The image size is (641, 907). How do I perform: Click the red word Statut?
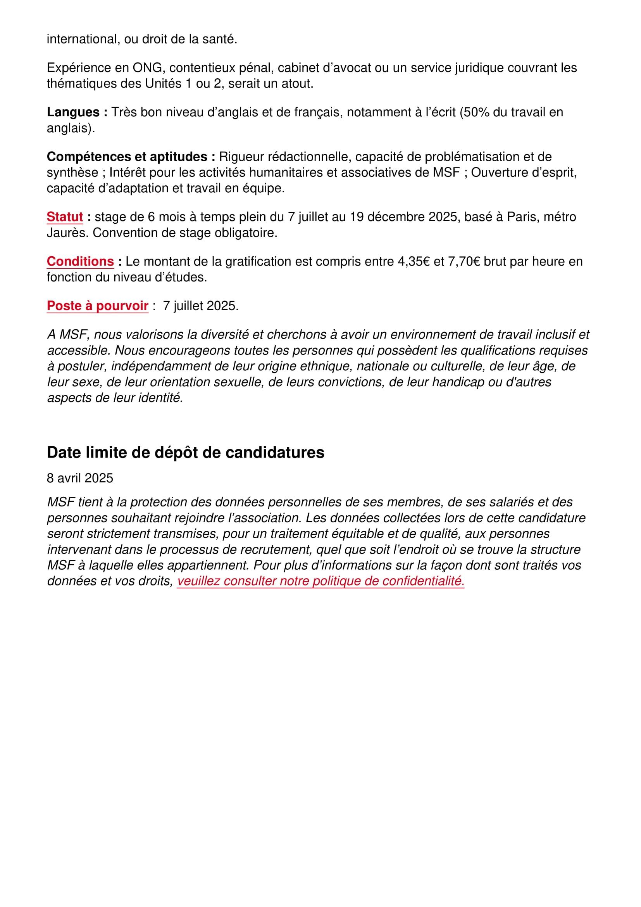pyautogui.click(x=65, y=217)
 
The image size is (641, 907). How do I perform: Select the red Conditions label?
pyautogui.click(x=80, y=261)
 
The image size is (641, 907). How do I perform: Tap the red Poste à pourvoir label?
pyautogui.click(x=98, y=306)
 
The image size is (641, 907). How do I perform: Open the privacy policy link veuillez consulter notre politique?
pyautogui.click(x=320, y=581)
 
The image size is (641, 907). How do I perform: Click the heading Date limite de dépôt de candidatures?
pyautogui.click(x=186, y=452)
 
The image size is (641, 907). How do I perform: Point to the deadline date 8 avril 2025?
pyautogui.click(x=80, y=478)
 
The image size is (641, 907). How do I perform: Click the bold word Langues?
pyautogui.click(x=73, y=112)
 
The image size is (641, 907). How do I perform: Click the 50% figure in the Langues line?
pyautogui.click(x=476, y=112)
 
